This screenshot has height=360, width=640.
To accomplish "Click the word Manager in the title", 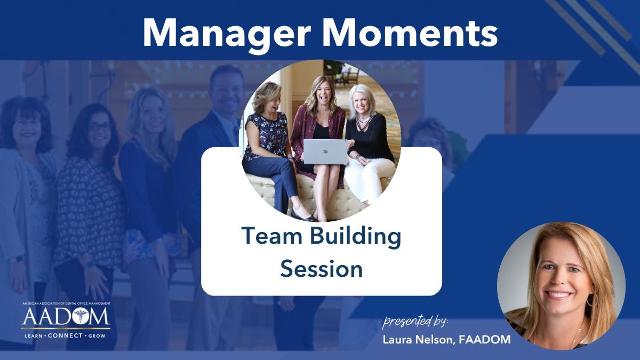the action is click(227, 34).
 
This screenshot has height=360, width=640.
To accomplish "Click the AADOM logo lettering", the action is click(66, 317).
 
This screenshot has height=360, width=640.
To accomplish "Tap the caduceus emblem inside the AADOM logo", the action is click(81, 316).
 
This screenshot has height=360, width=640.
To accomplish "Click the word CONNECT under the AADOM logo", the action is click(65, 335).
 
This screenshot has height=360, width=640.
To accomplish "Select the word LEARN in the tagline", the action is click(33, 336).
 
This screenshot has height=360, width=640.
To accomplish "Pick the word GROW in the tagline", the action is click(97, 336).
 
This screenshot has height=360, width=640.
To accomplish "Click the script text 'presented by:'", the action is click(415, 322).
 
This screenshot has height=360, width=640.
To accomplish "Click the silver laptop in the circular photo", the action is click(325, 151).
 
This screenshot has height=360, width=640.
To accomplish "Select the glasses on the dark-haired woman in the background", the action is click(99, 127).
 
